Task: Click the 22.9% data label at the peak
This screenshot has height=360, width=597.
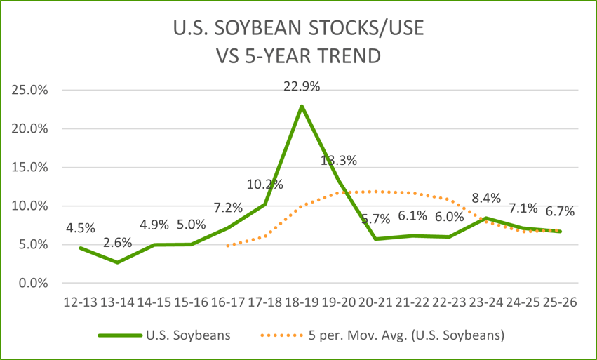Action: click(302, 87)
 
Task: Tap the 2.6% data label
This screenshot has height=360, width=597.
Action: click(118, 243)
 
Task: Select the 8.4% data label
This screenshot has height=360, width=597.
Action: click(487, 198)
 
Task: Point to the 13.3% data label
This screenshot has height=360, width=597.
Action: click(339, 160)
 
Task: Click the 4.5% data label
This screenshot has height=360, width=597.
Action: click(81, 228)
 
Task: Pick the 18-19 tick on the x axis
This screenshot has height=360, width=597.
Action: click(302, 302)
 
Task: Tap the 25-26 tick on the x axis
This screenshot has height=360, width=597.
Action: click(560, 302)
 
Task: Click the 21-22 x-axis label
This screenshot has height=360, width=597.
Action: click(412, 302)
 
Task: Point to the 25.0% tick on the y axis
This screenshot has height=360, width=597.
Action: click(28, 91)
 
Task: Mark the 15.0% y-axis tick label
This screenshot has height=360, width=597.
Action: click(28, 168)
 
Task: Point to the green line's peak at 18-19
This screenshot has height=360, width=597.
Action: click(302, 106)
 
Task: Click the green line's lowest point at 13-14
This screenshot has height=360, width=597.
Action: click(118, 262)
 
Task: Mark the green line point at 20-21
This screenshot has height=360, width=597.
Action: click(376, 239)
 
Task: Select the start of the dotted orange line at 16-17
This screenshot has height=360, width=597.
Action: click(228, 246)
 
